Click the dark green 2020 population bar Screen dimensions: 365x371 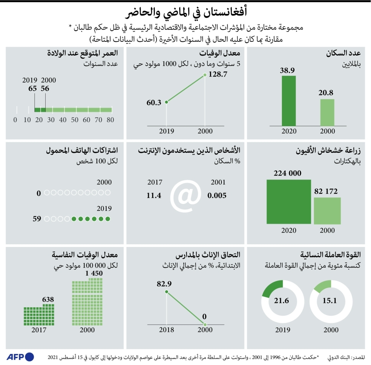[289, 100]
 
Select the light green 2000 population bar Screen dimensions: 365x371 [327, 112]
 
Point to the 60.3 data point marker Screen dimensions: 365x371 [167, 102]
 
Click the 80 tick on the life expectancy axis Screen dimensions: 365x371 [110, 120]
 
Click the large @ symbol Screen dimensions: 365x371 [185, 195]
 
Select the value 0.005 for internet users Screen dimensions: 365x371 [217, 195]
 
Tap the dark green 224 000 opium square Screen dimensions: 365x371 [289, 201]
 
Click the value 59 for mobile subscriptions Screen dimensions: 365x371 [37, 219]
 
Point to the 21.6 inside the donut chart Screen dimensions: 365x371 [281, 300]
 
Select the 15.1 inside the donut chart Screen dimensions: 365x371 [329, 300]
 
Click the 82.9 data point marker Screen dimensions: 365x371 [167, 292]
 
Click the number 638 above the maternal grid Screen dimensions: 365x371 [48, 299]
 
